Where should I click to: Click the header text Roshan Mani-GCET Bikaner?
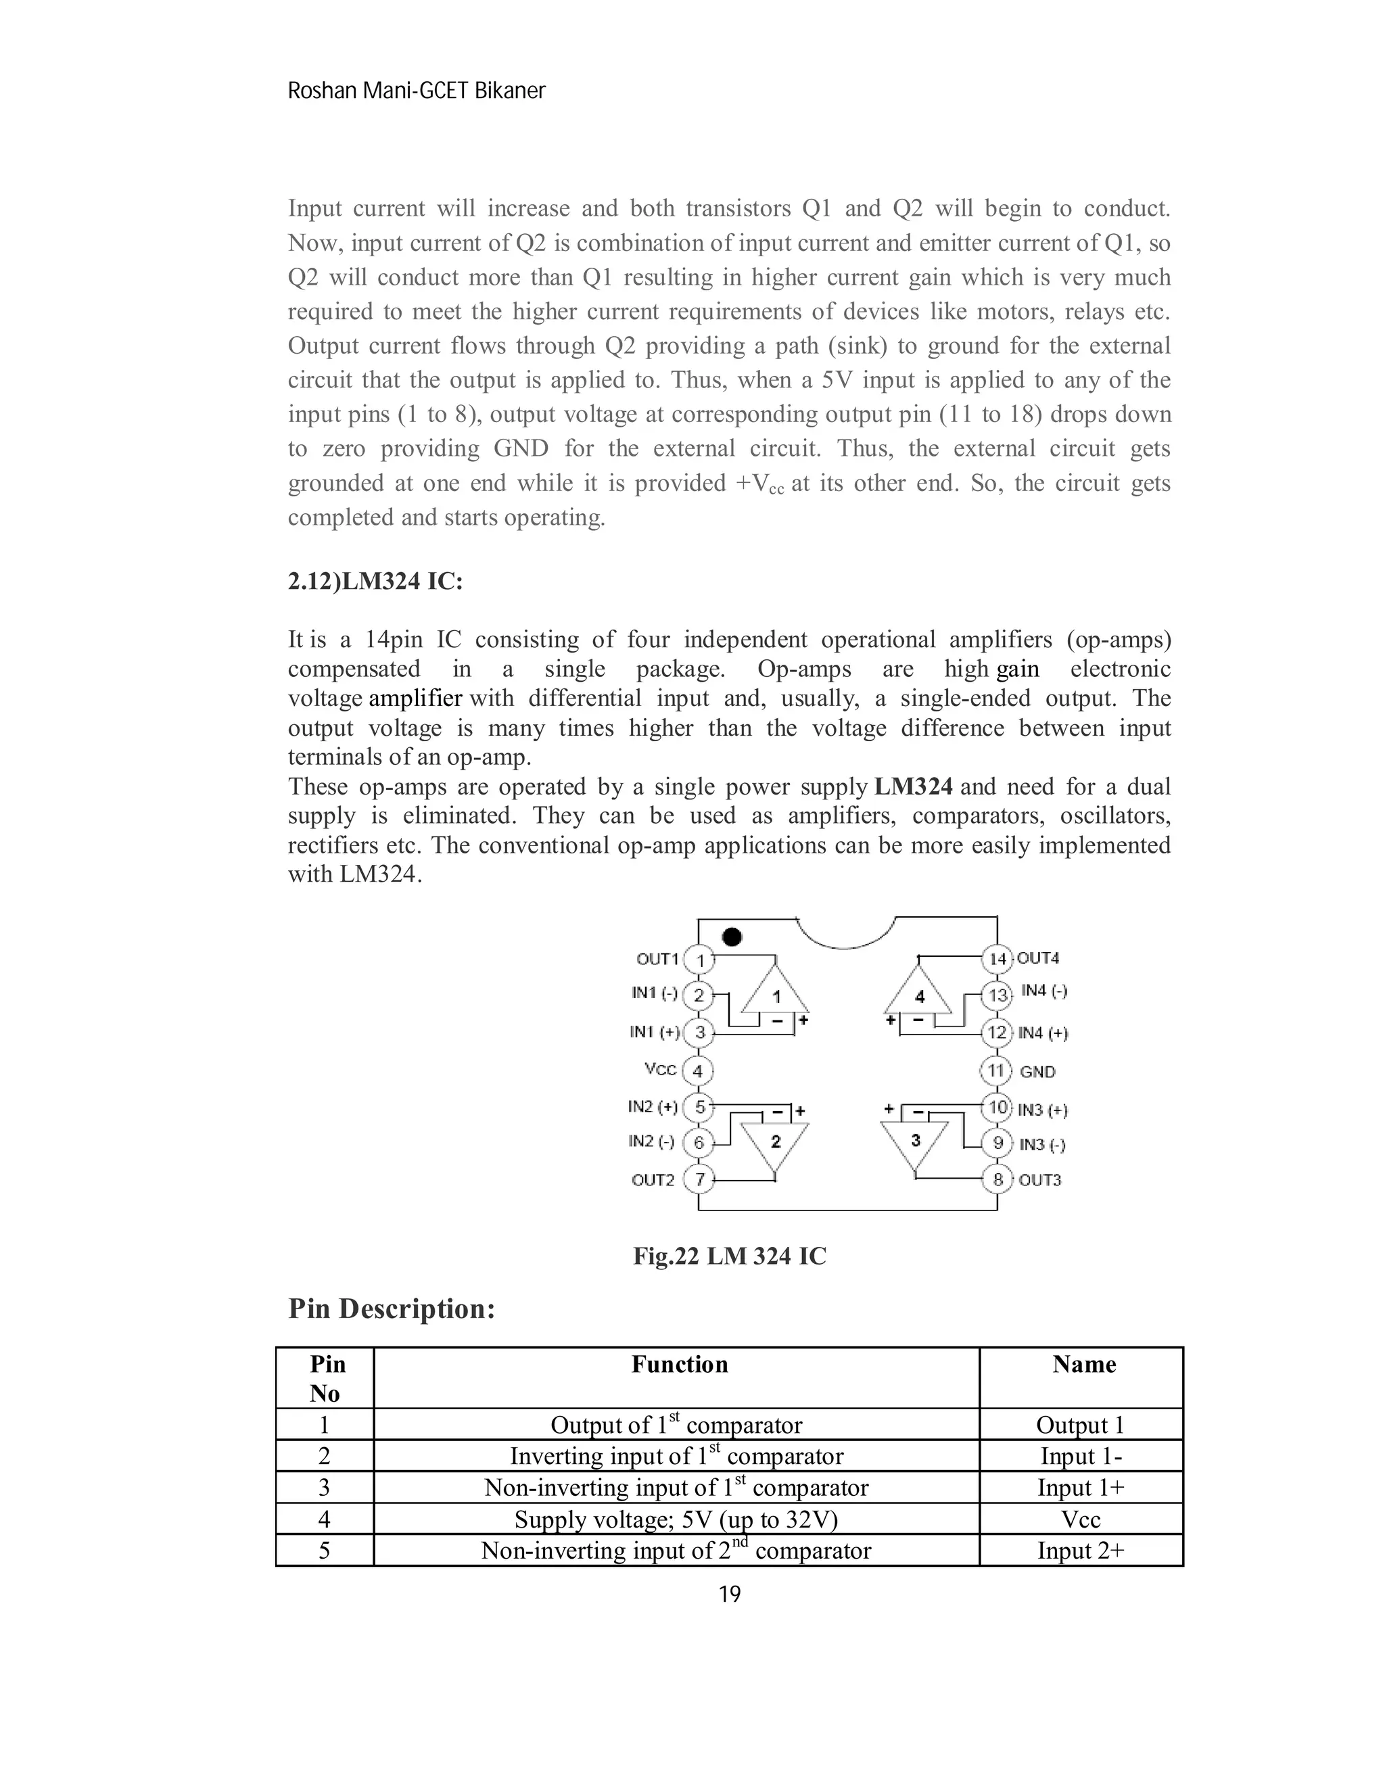[x=416, y=91]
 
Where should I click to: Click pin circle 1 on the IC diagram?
[x=699, y=959]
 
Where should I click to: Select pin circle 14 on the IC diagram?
[x=997, y=958]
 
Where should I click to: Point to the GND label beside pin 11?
[x=1037, y=1072]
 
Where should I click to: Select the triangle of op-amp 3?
[x=915, y=1141]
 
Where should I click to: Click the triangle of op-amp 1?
[x=776, y=995]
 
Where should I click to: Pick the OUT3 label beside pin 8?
[x=1039, y=1180]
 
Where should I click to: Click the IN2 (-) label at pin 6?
[x=651, y=1141]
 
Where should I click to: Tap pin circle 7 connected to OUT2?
[x=699, y=1180]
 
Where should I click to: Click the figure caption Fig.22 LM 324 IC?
[x=730, y=1256]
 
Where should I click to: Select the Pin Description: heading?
[x=392, y=1308]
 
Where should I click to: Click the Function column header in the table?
[x=680, y=1365]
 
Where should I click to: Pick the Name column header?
[x=1084, y=1365]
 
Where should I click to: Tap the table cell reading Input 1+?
[x=1081, y=1488]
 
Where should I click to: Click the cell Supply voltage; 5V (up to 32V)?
[x=676, y=1519]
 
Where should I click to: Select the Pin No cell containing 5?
[x=324, y=1551]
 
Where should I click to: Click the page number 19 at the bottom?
[x=730, y=1595]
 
